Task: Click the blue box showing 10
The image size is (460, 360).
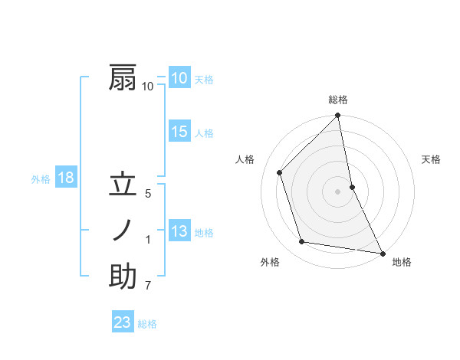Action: click(x=179, y=77)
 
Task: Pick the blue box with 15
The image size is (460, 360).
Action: click(x=179, y=131)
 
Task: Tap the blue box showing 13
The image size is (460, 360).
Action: click(x=179, y=231)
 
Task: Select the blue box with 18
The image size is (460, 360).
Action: click(x=66, y=178)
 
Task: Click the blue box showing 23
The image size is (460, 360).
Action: click(x=123, y=322)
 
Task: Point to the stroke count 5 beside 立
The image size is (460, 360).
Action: click(x=148, y=195)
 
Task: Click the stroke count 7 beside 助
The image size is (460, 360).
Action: click(x=148, y=286)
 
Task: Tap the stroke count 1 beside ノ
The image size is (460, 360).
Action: click(x=148, y=240)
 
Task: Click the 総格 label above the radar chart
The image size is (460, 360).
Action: click(x=338, y=100)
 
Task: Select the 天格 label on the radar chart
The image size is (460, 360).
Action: click(x=432, y=159)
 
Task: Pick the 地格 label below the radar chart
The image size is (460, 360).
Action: click(x=402, y=262)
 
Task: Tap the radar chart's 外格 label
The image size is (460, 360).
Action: click(x=270, y=262)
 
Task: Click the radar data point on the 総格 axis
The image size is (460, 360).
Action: click(x=337, y=116)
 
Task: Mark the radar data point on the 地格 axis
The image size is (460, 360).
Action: click(x=382, y=253)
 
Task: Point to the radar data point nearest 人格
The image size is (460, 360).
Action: click(x=280, y=172)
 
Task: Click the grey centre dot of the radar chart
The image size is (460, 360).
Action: click(x=337, y=191)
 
